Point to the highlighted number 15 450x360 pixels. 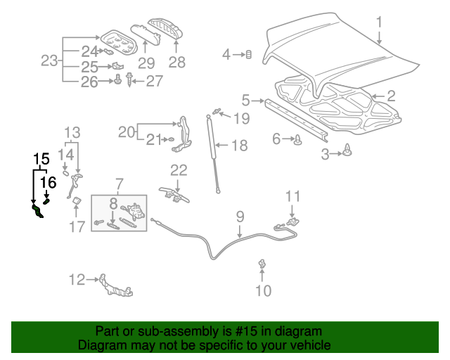point(41,159)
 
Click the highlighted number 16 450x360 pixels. point(48,183)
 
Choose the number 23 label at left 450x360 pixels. point(49,61)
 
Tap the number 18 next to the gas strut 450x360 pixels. point(239,146)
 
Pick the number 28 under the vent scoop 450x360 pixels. point(176,62)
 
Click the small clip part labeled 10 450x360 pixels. point(262,264)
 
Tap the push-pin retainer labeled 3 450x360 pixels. point(348,149)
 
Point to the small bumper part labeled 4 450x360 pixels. point(247,55)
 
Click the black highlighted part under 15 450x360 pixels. point(37,211)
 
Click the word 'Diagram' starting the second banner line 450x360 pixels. point(99,345)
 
